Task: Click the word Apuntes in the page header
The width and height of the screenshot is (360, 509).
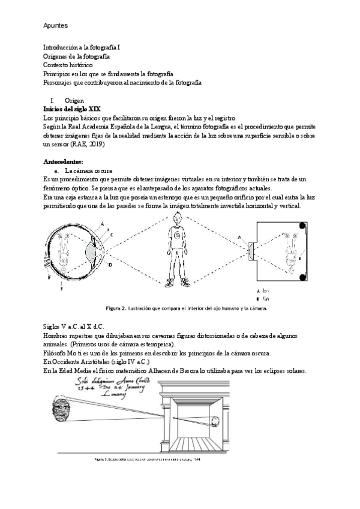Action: tap(55, 26)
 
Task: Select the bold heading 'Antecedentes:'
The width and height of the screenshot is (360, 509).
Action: tap(64, 162)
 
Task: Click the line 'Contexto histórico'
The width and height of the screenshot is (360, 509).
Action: tap(68, 64)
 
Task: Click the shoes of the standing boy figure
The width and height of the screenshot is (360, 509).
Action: tap(178, 281)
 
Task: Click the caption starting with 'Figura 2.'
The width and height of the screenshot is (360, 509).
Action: tap(186, 309)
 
